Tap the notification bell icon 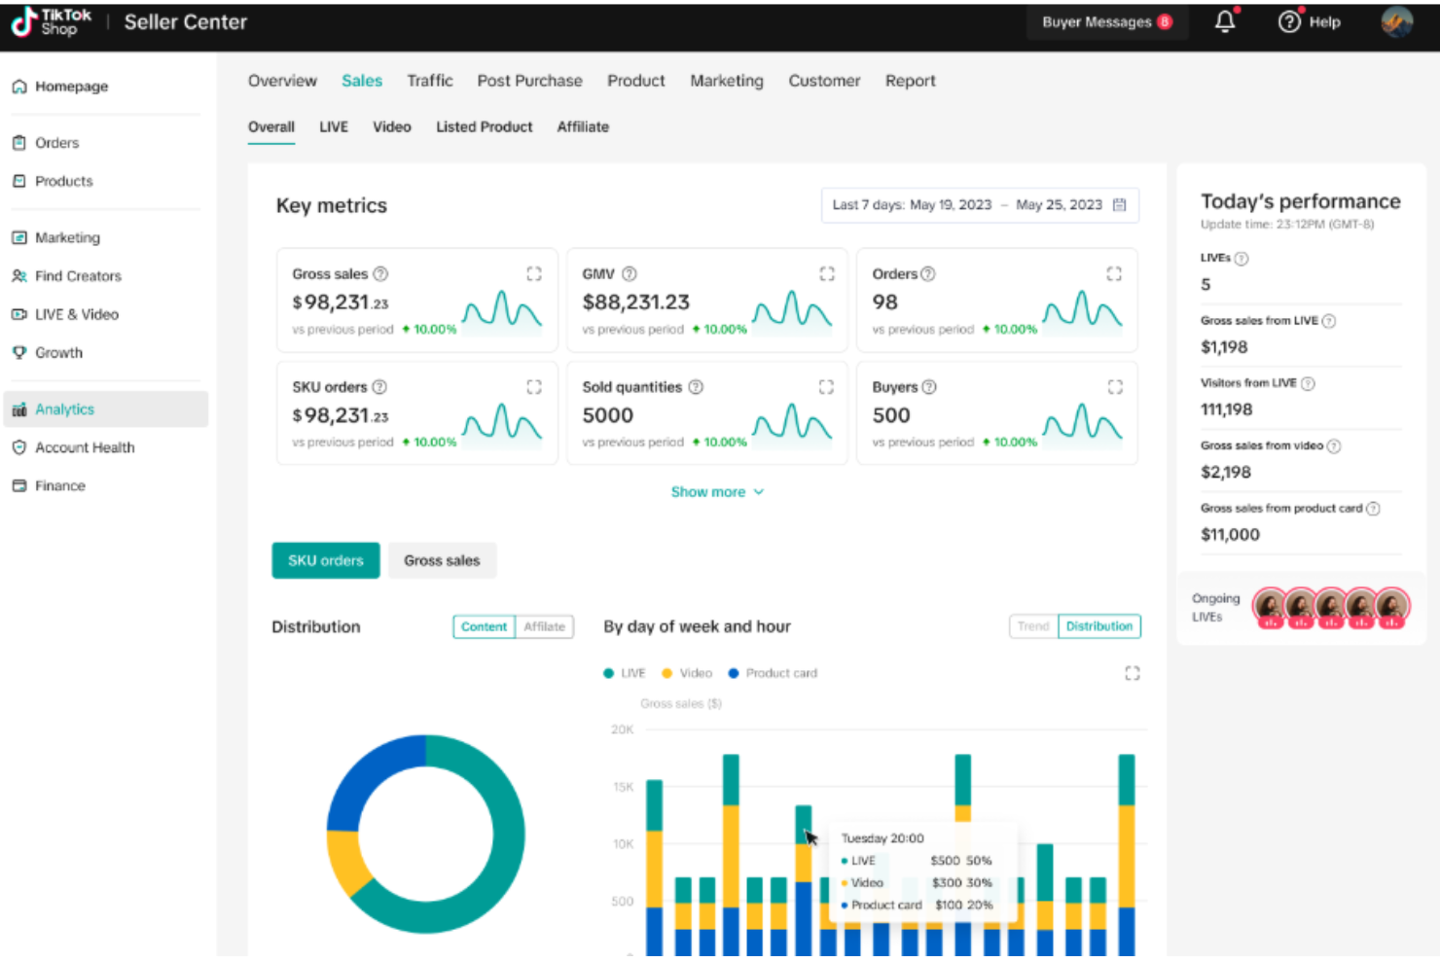(x=1225, y=21)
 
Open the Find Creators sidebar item (x=78, y=276)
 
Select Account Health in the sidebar (x=85, y=447)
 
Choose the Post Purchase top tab (x=529, y=81)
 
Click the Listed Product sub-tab (x=484, y=127)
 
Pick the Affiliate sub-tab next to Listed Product (x=583, y=127)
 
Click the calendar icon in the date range (x=1119, y=205)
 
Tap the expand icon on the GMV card (x=826, y=274)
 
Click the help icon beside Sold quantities (x=696, y=387)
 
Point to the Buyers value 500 (x=890, y=415)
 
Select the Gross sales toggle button (x=442, y=561)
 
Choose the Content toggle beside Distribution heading (x=484, y=627)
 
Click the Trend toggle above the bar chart (x=1032, y=626)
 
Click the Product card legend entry (x=780, y=673)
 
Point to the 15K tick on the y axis (x=623, y=787)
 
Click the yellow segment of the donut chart (x=344, y=861)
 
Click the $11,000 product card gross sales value (x=1230, y=535)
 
